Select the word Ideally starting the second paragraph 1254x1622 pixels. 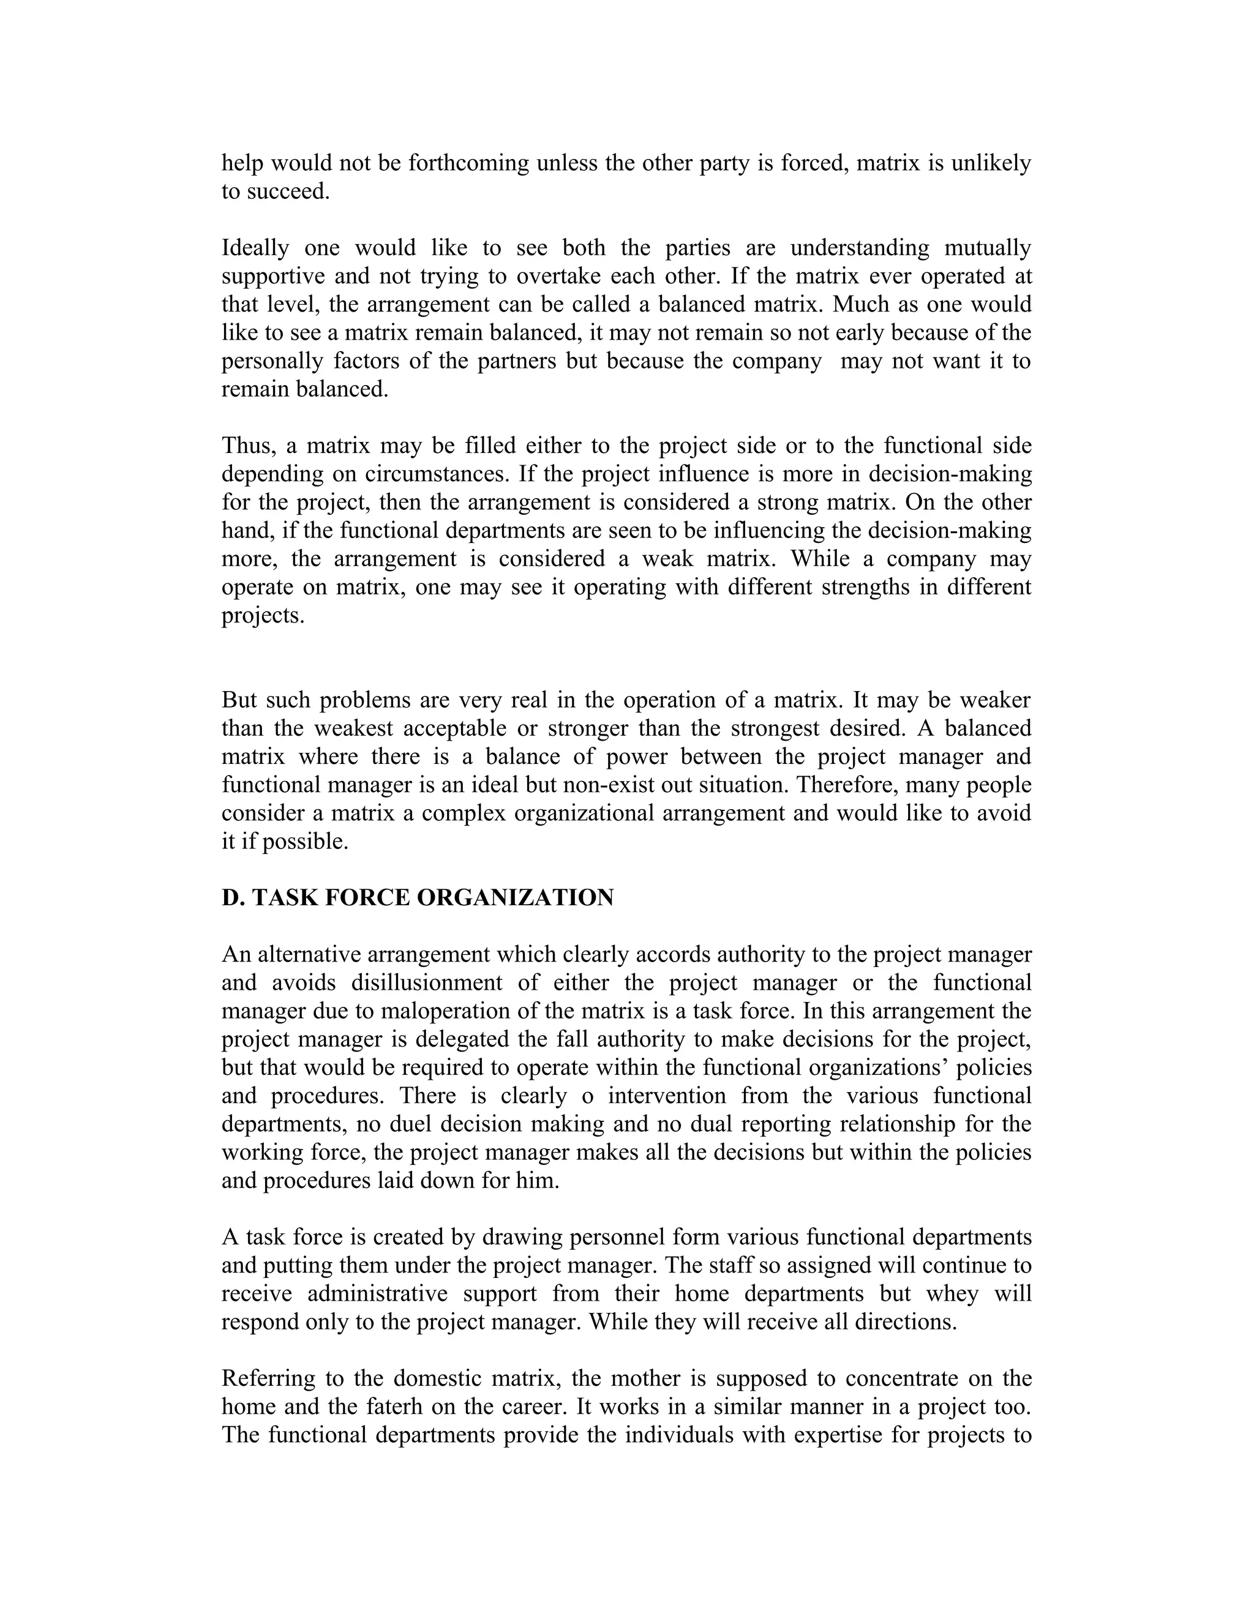pyautogui.click(x=255, y=248)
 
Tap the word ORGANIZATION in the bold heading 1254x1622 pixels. pyautogui.click(x=515, y=898)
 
